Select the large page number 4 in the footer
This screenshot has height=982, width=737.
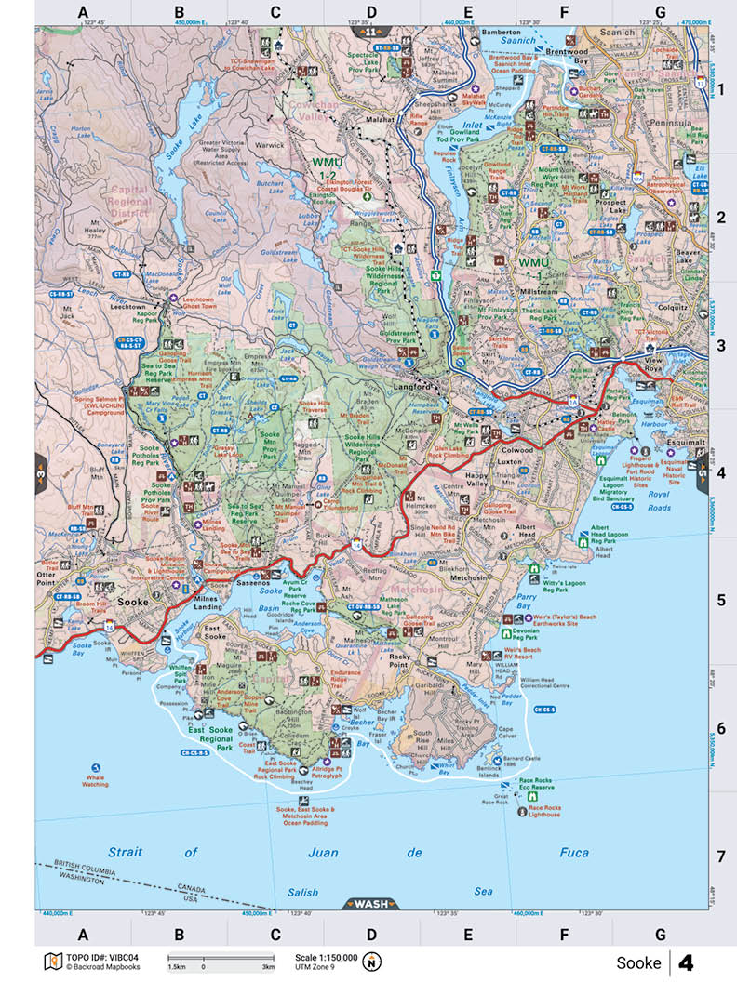[687, 962]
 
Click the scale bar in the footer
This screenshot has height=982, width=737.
[220, 958]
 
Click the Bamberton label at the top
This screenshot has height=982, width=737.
[500, 32]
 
